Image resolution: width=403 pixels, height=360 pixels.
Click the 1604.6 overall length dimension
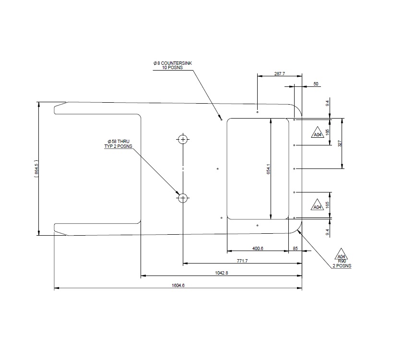[178, 285]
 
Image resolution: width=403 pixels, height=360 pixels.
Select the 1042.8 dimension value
[221, 273]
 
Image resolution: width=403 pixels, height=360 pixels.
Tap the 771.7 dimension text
[243, 261]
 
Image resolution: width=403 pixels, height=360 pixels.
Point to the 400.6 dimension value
[257, 248]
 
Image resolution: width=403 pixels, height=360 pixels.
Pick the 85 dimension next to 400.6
[295, 248]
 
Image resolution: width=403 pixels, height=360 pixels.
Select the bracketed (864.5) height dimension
[36, 169]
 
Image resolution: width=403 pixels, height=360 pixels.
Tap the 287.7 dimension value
[279, 74]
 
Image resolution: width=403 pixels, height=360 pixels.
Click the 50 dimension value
[316, 84]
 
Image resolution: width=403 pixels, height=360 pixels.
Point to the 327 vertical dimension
[340, 143]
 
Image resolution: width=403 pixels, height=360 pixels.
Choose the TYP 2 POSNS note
[118, 146]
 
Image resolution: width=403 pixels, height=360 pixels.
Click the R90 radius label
[342, 261]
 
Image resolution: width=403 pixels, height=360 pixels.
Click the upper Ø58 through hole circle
[183, 140]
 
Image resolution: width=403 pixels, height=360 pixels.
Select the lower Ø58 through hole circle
[183, 198]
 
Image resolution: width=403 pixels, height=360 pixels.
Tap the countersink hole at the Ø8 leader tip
[221, 119]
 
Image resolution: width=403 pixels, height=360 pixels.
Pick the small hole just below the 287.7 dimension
[258, 112]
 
